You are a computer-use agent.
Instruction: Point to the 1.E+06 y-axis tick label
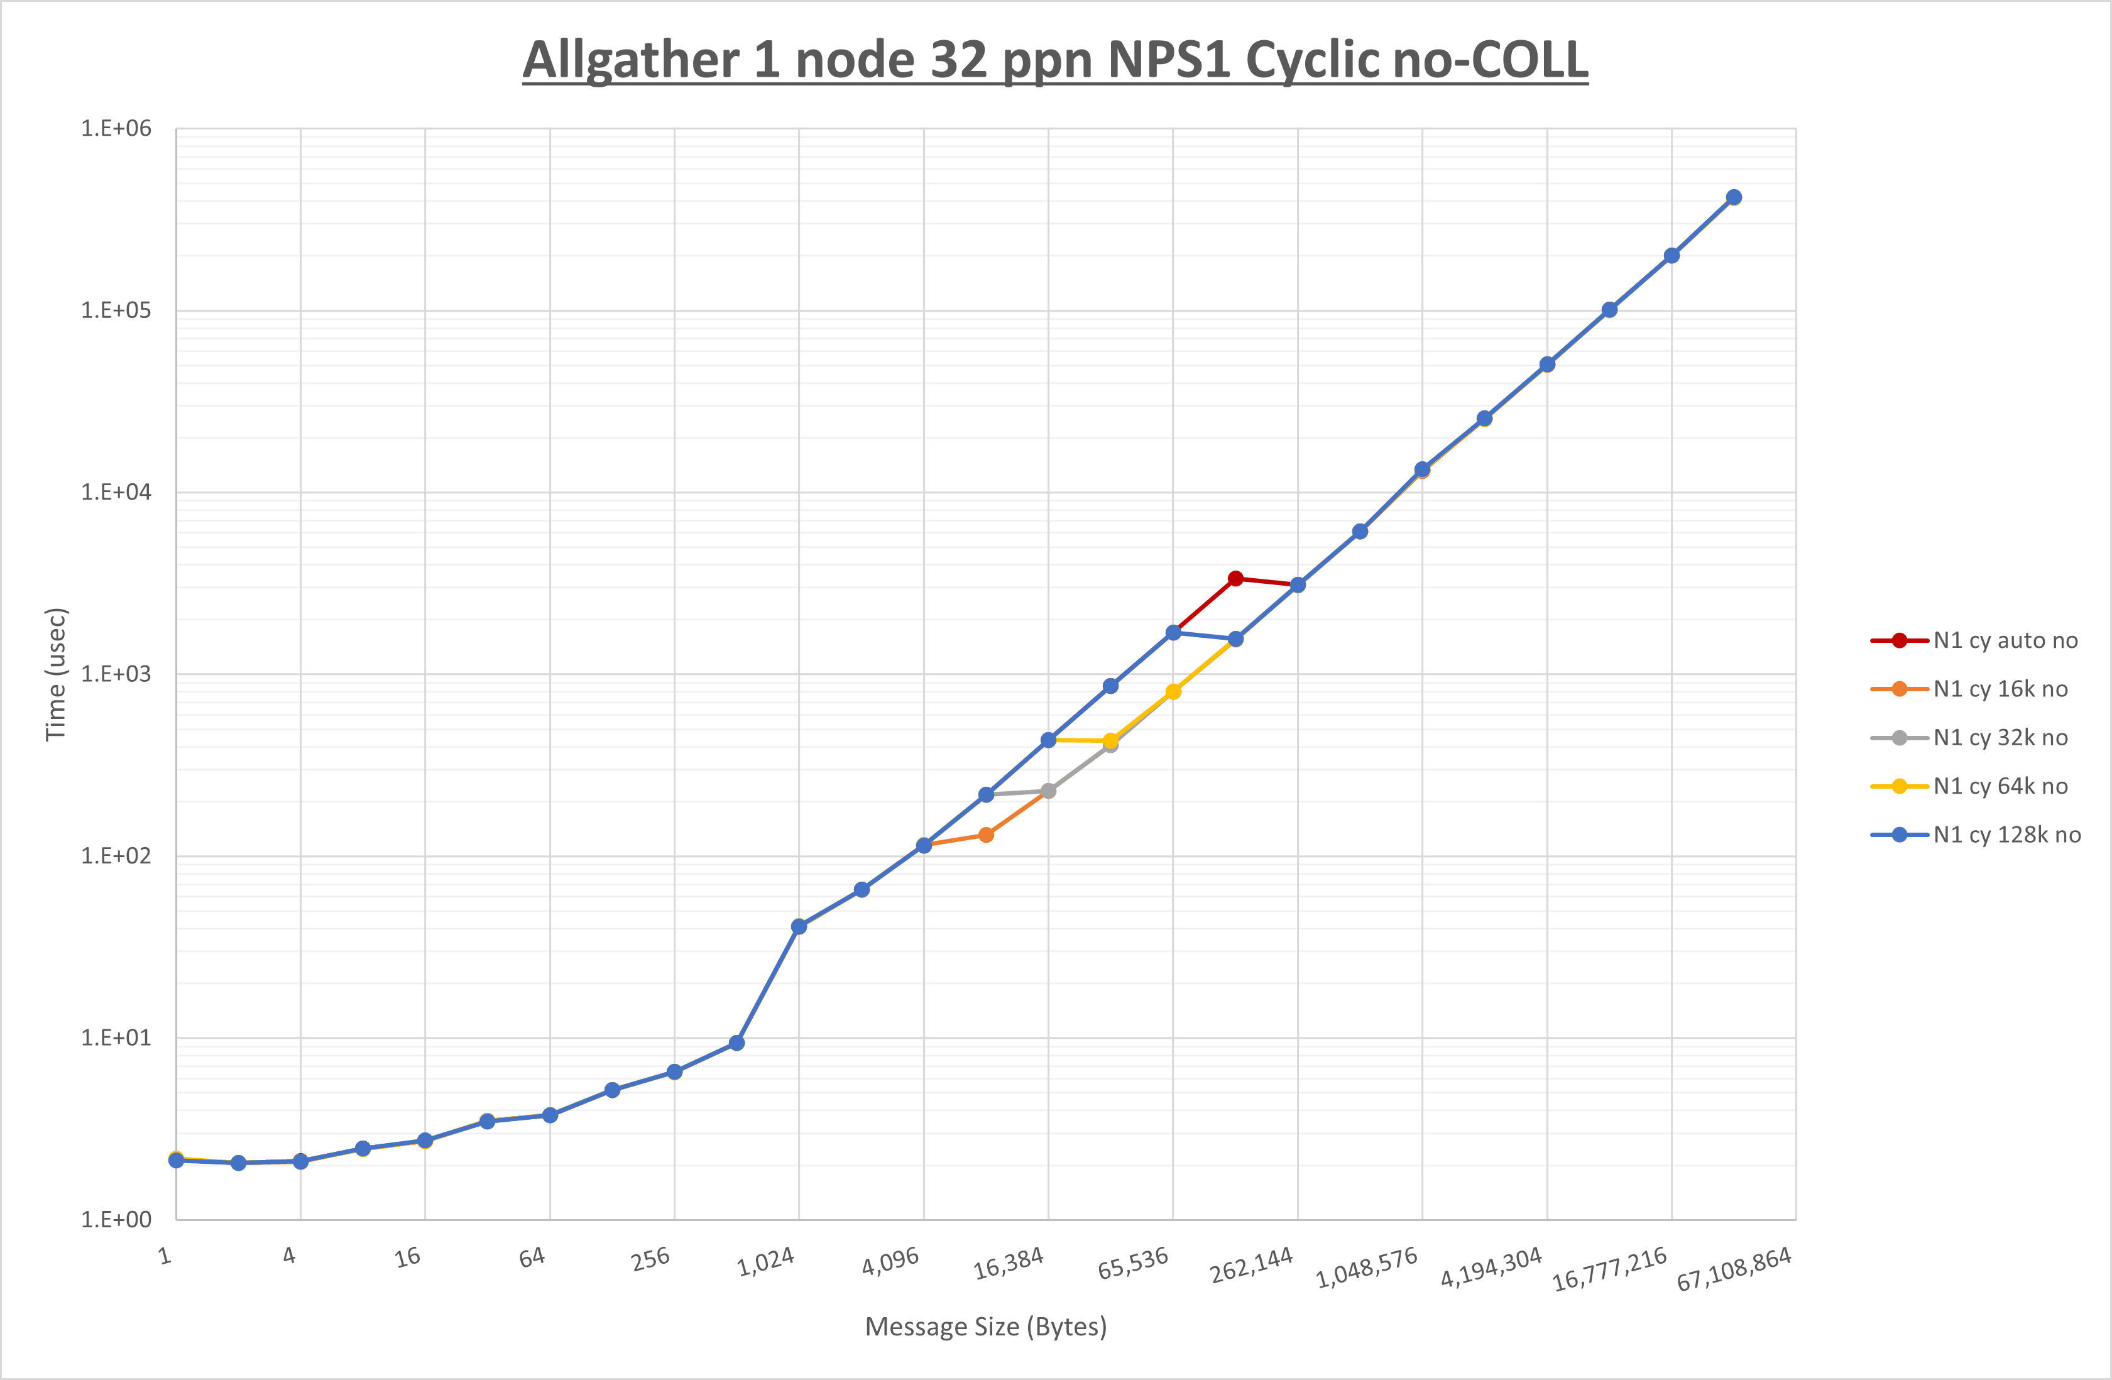116,129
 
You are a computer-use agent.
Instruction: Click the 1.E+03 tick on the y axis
116,674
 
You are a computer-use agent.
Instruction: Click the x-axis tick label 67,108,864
1733,1269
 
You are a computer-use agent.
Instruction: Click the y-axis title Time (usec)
55,674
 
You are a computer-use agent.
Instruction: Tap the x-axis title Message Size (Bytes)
986,1327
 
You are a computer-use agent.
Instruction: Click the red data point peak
1235,579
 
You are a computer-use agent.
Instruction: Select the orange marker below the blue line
986,835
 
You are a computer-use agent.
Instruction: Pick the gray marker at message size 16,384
1048,791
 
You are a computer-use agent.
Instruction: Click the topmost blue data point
1734,198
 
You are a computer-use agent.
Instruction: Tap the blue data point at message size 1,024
799,926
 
